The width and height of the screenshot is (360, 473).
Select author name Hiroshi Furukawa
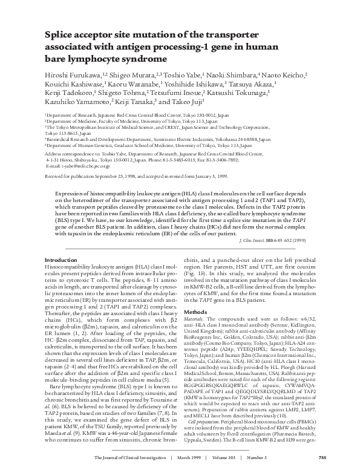(x=70, y=74)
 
